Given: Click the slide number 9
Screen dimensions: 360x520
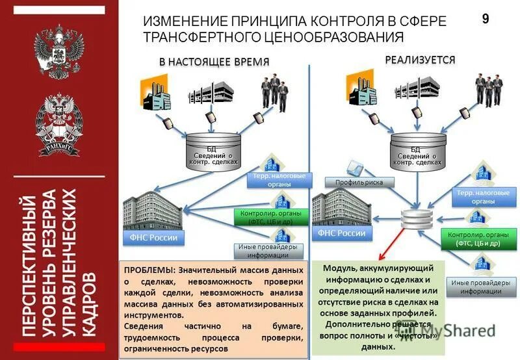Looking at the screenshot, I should coord(485,19).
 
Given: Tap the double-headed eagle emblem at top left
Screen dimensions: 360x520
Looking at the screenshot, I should coord(59,53).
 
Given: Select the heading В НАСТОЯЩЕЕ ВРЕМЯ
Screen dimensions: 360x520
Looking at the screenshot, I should coord(214,61).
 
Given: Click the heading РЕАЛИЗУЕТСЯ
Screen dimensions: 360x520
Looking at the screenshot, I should coord(420,60).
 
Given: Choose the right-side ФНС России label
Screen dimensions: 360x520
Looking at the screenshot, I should coord(342,233).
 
